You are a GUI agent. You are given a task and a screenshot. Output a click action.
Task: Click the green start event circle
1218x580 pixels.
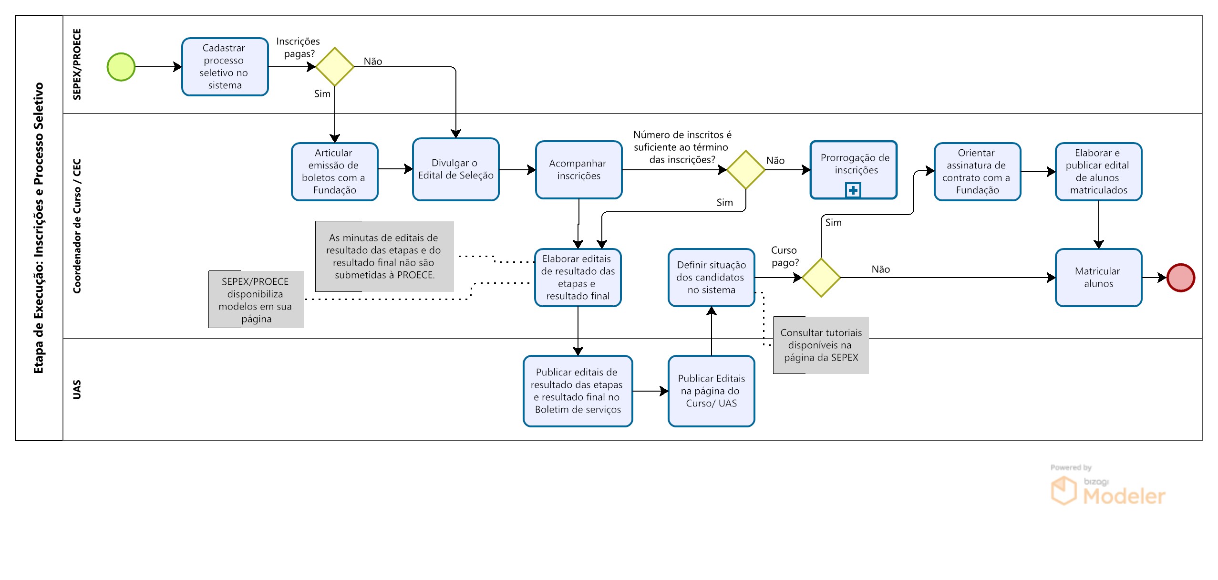coord(121,67)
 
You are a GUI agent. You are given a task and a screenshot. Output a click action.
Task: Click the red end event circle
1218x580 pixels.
coord(1181,278)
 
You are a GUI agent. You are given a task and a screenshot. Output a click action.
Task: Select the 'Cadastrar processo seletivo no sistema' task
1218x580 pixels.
coord(225,67)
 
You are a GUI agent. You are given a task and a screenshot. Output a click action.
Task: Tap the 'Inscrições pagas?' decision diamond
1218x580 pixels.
coord(335,67)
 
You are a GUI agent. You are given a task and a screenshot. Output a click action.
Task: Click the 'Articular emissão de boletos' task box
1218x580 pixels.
coord(335,172)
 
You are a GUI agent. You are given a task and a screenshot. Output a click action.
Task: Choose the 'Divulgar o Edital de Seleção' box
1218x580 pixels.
coord(456,169)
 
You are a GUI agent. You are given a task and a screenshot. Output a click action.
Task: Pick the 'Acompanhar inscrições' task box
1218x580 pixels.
coord(579,170)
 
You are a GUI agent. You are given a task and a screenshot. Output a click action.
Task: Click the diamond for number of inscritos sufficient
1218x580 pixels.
coord(746,170)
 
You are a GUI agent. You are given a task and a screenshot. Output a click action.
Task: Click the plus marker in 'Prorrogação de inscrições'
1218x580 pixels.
coord(853,190)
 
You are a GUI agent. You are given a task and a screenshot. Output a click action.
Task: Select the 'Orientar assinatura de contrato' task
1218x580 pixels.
coord(978,172)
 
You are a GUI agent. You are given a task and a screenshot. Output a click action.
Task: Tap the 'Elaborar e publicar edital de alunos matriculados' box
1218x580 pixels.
coord(1099,172)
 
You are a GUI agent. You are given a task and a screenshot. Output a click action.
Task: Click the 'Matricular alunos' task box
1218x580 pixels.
coord(1099,278)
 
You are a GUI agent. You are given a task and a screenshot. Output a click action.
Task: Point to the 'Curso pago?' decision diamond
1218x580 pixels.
coord(821,278)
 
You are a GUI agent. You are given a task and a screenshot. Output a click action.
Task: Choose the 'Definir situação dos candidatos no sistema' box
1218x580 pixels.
coord(712,278)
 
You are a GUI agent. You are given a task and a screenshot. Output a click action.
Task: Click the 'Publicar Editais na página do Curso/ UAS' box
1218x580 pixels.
coord(712,391)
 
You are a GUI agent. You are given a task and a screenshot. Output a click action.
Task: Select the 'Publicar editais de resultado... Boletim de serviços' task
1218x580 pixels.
coord(578,391)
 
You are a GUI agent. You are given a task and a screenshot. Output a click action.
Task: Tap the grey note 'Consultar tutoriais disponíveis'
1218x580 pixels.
coord(821,345)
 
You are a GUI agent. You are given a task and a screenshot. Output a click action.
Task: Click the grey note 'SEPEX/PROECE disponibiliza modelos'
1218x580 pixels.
coord(256,300)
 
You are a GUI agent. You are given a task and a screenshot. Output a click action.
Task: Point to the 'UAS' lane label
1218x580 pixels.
coord(77,390)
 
